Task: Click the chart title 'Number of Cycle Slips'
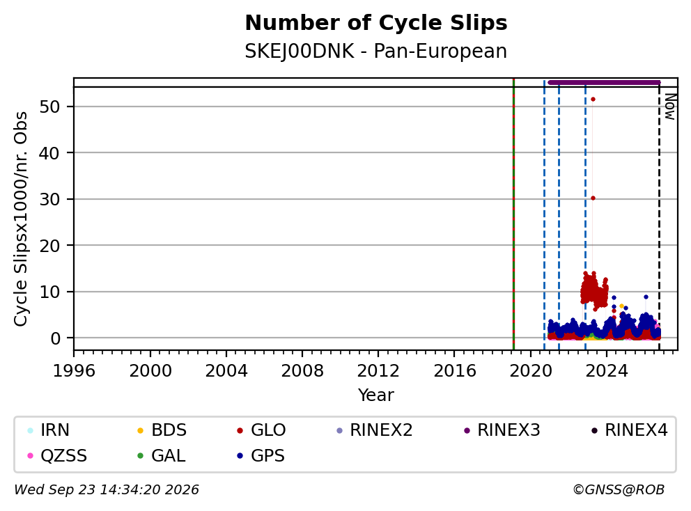click(376, 23)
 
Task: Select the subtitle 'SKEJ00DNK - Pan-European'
click(376, 51)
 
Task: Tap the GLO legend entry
click(261, 430)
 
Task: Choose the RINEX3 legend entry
click(502, 430)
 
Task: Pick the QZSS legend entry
click(57, 455)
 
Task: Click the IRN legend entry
click(48, 430)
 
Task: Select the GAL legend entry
click(162, 455)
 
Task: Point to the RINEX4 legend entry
click(629, 430)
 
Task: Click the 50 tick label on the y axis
click(49, 107)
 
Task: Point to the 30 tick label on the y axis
click(49, 199)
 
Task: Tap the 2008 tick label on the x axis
click(302, 371)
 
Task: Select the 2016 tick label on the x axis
click(454, 371)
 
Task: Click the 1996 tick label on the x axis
click(74, 371)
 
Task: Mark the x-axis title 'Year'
click(376, 395)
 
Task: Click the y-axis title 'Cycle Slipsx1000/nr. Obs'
click(21, 219)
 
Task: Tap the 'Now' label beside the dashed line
click(670, 107)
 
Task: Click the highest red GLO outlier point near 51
click(593, 100)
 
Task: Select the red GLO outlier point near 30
click(593, 198)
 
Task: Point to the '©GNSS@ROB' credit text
click(619, 490)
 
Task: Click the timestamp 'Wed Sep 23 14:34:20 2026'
click(107, 490)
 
